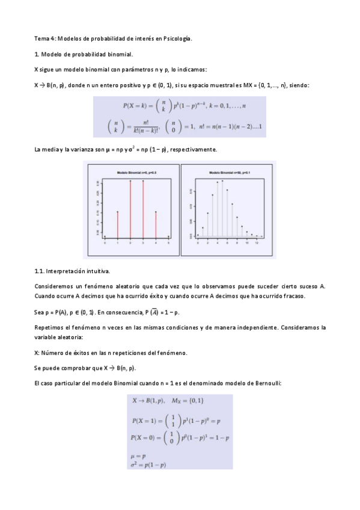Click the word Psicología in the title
coord(175,38)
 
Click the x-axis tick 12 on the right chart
coord(256,242)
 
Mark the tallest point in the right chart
coord(222,180)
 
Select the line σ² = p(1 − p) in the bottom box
coord(148,465)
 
